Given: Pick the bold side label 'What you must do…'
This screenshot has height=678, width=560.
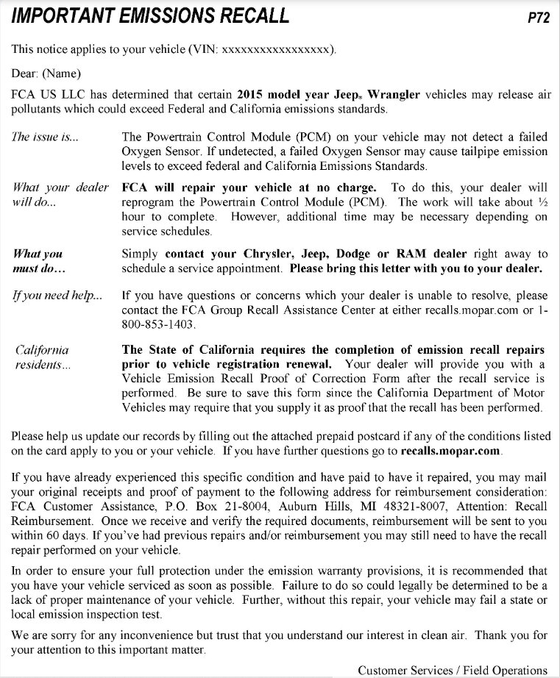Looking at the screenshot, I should [38, 261].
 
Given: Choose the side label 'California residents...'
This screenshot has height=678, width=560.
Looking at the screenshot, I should [42, 357].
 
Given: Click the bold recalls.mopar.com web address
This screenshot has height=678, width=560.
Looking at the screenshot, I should [450, 449].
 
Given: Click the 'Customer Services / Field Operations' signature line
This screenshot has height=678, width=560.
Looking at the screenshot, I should [453, 670].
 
